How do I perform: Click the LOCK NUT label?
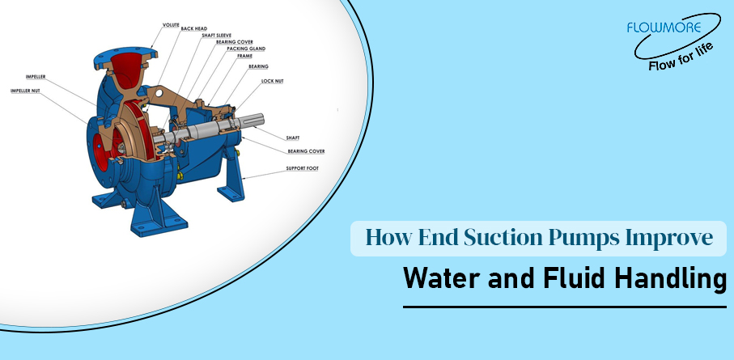pos(273,82)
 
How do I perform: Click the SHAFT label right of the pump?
pos(292,138)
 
